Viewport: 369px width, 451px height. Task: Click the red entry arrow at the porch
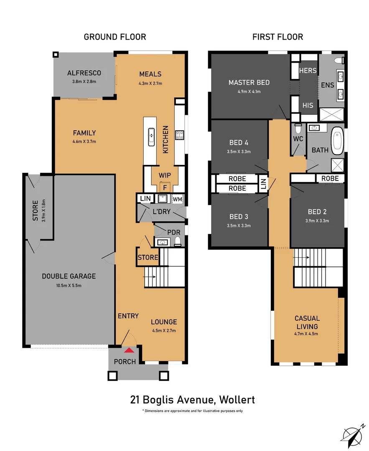130,350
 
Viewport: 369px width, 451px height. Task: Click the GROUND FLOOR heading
115,37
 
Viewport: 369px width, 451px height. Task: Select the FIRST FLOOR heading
277,37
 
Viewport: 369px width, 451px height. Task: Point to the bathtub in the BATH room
337,142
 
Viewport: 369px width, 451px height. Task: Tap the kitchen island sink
151,136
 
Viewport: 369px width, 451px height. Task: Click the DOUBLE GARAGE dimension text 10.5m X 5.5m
69,286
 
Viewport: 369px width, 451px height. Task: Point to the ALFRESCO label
84,73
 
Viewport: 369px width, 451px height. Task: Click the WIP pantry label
164,175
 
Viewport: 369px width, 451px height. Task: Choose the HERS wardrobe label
308,71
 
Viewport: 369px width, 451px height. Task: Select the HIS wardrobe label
308,106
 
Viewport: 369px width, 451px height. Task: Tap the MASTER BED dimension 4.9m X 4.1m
249,91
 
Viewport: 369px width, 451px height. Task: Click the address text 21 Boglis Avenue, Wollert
192,400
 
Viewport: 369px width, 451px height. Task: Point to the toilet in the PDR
178,241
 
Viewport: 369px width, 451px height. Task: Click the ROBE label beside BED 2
330,179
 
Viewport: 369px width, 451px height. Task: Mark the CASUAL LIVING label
307,322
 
